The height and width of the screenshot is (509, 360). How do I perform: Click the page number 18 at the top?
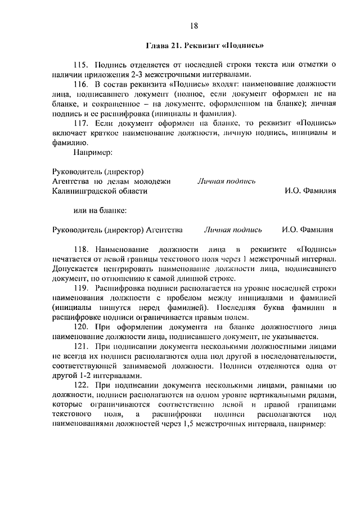[x=194, y=25]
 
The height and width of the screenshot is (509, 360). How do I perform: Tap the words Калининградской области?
[x=100, y=191]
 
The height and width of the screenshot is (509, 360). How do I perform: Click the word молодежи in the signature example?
[x=155, y=182]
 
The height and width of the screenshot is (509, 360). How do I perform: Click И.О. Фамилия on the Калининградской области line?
[x=310, y=191]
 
